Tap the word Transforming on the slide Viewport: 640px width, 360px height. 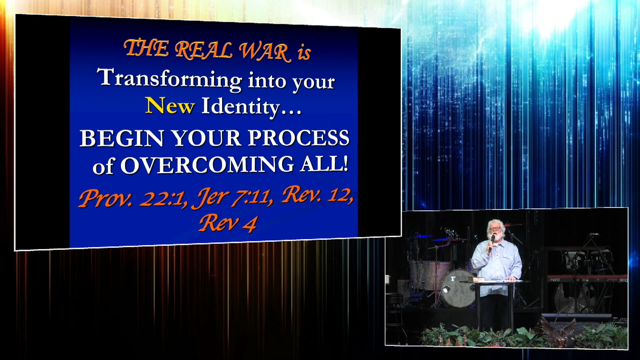[169, 79]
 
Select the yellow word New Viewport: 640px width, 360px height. [170, 106]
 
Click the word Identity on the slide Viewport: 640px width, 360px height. [240, 107]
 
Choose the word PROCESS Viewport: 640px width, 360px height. [298, 137]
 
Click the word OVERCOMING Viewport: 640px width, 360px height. [207, 165]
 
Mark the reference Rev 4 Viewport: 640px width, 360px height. [228, 223]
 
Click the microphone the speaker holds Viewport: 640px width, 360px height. [492, 239]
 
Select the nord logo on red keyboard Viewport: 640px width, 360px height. [555, 279]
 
